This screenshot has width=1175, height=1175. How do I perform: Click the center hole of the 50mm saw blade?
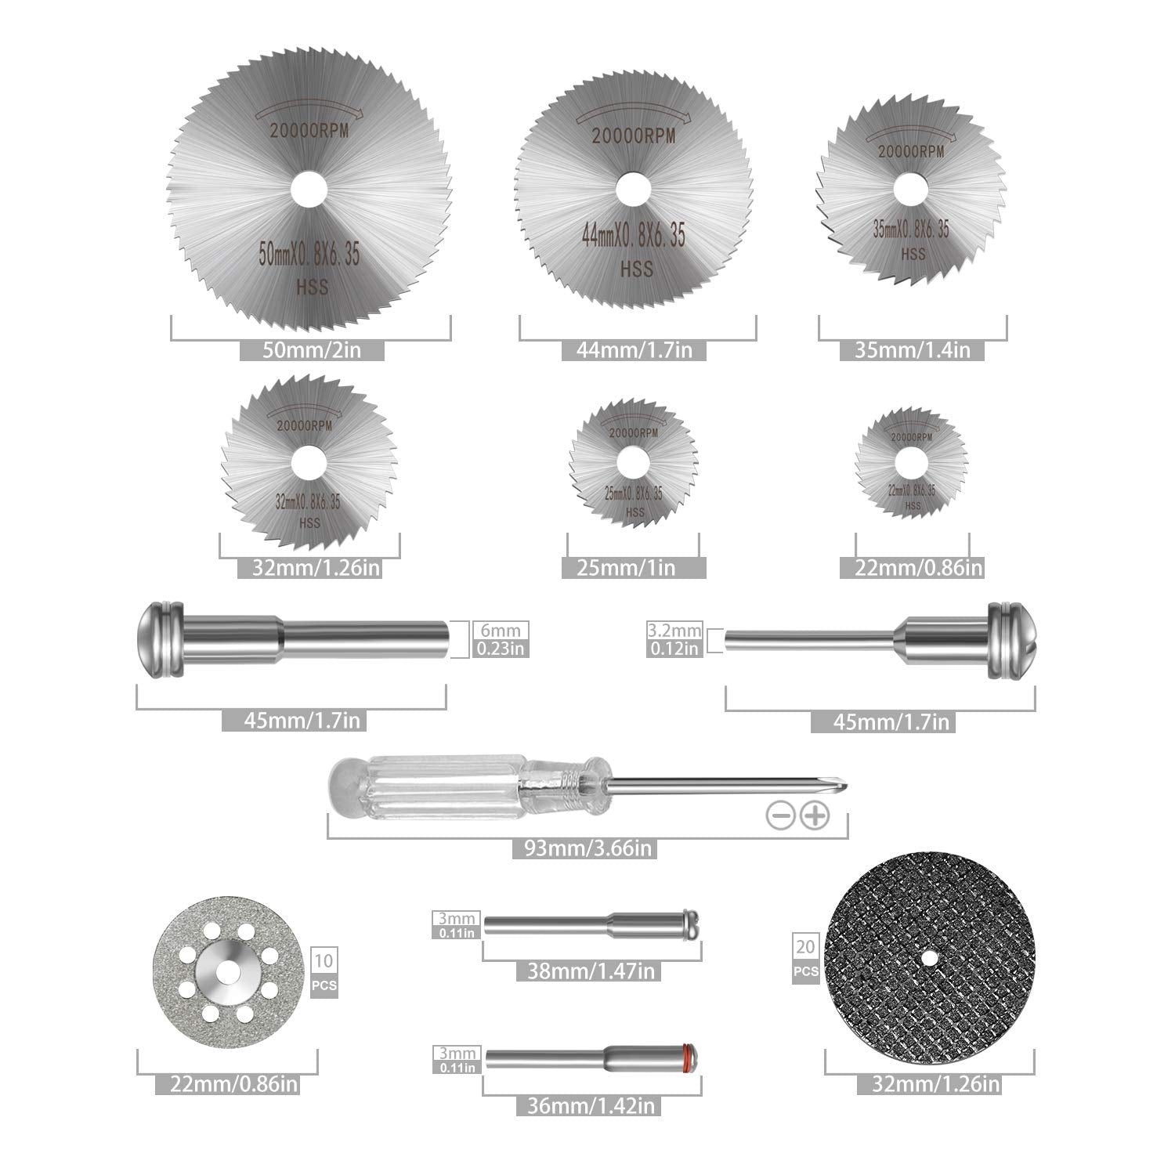[x=311, y=190]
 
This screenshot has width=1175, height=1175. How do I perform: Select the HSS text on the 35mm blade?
[x=913, y=254]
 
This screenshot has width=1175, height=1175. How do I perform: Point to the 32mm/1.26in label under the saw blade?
[x=309, y=567]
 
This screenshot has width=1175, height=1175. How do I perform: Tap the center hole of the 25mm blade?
[x=634, y=459]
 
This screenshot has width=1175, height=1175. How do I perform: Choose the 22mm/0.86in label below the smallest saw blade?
[x=912, y=567]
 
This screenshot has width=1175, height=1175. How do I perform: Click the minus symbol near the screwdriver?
[x=779, y=816]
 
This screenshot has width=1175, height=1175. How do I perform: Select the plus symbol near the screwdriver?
[x=815, y=816]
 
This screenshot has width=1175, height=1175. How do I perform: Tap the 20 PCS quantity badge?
[x=805, y=959]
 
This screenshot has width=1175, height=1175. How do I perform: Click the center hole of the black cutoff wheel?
[x=929, y=957]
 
